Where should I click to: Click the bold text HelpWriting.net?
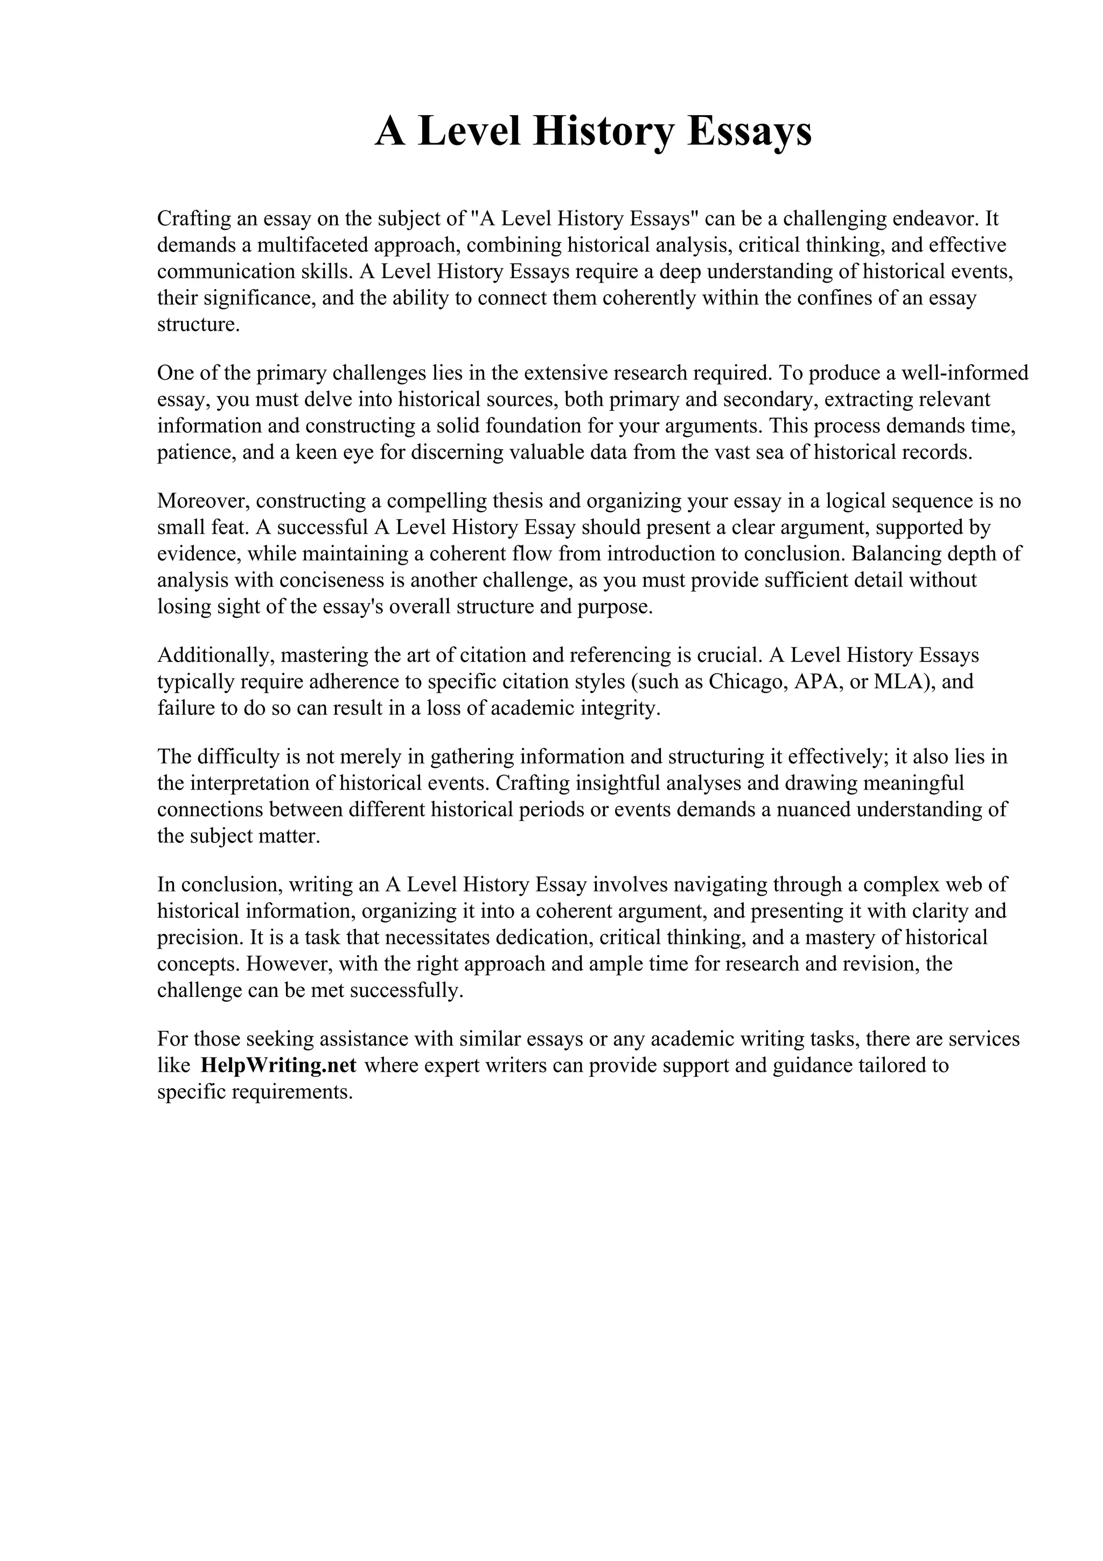pyautogui.click(x=278, y=1065)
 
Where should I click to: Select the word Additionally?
pyautogui.click(x=215, y=656)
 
